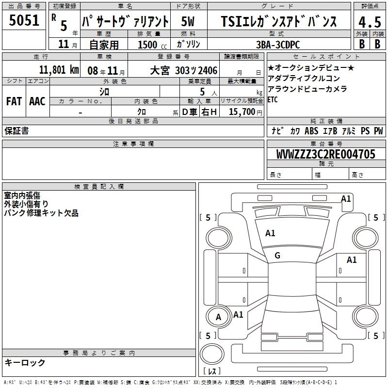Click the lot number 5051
(24, 20)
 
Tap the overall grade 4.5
(370, 22)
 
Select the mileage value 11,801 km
(59, 70)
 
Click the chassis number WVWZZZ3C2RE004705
(325, 154)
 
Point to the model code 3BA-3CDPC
(278, 45)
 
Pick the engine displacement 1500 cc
(152, 45)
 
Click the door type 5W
(188, 21)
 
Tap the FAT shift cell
(14, 101)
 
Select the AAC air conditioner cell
(37, 101)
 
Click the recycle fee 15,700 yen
(245, 112)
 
